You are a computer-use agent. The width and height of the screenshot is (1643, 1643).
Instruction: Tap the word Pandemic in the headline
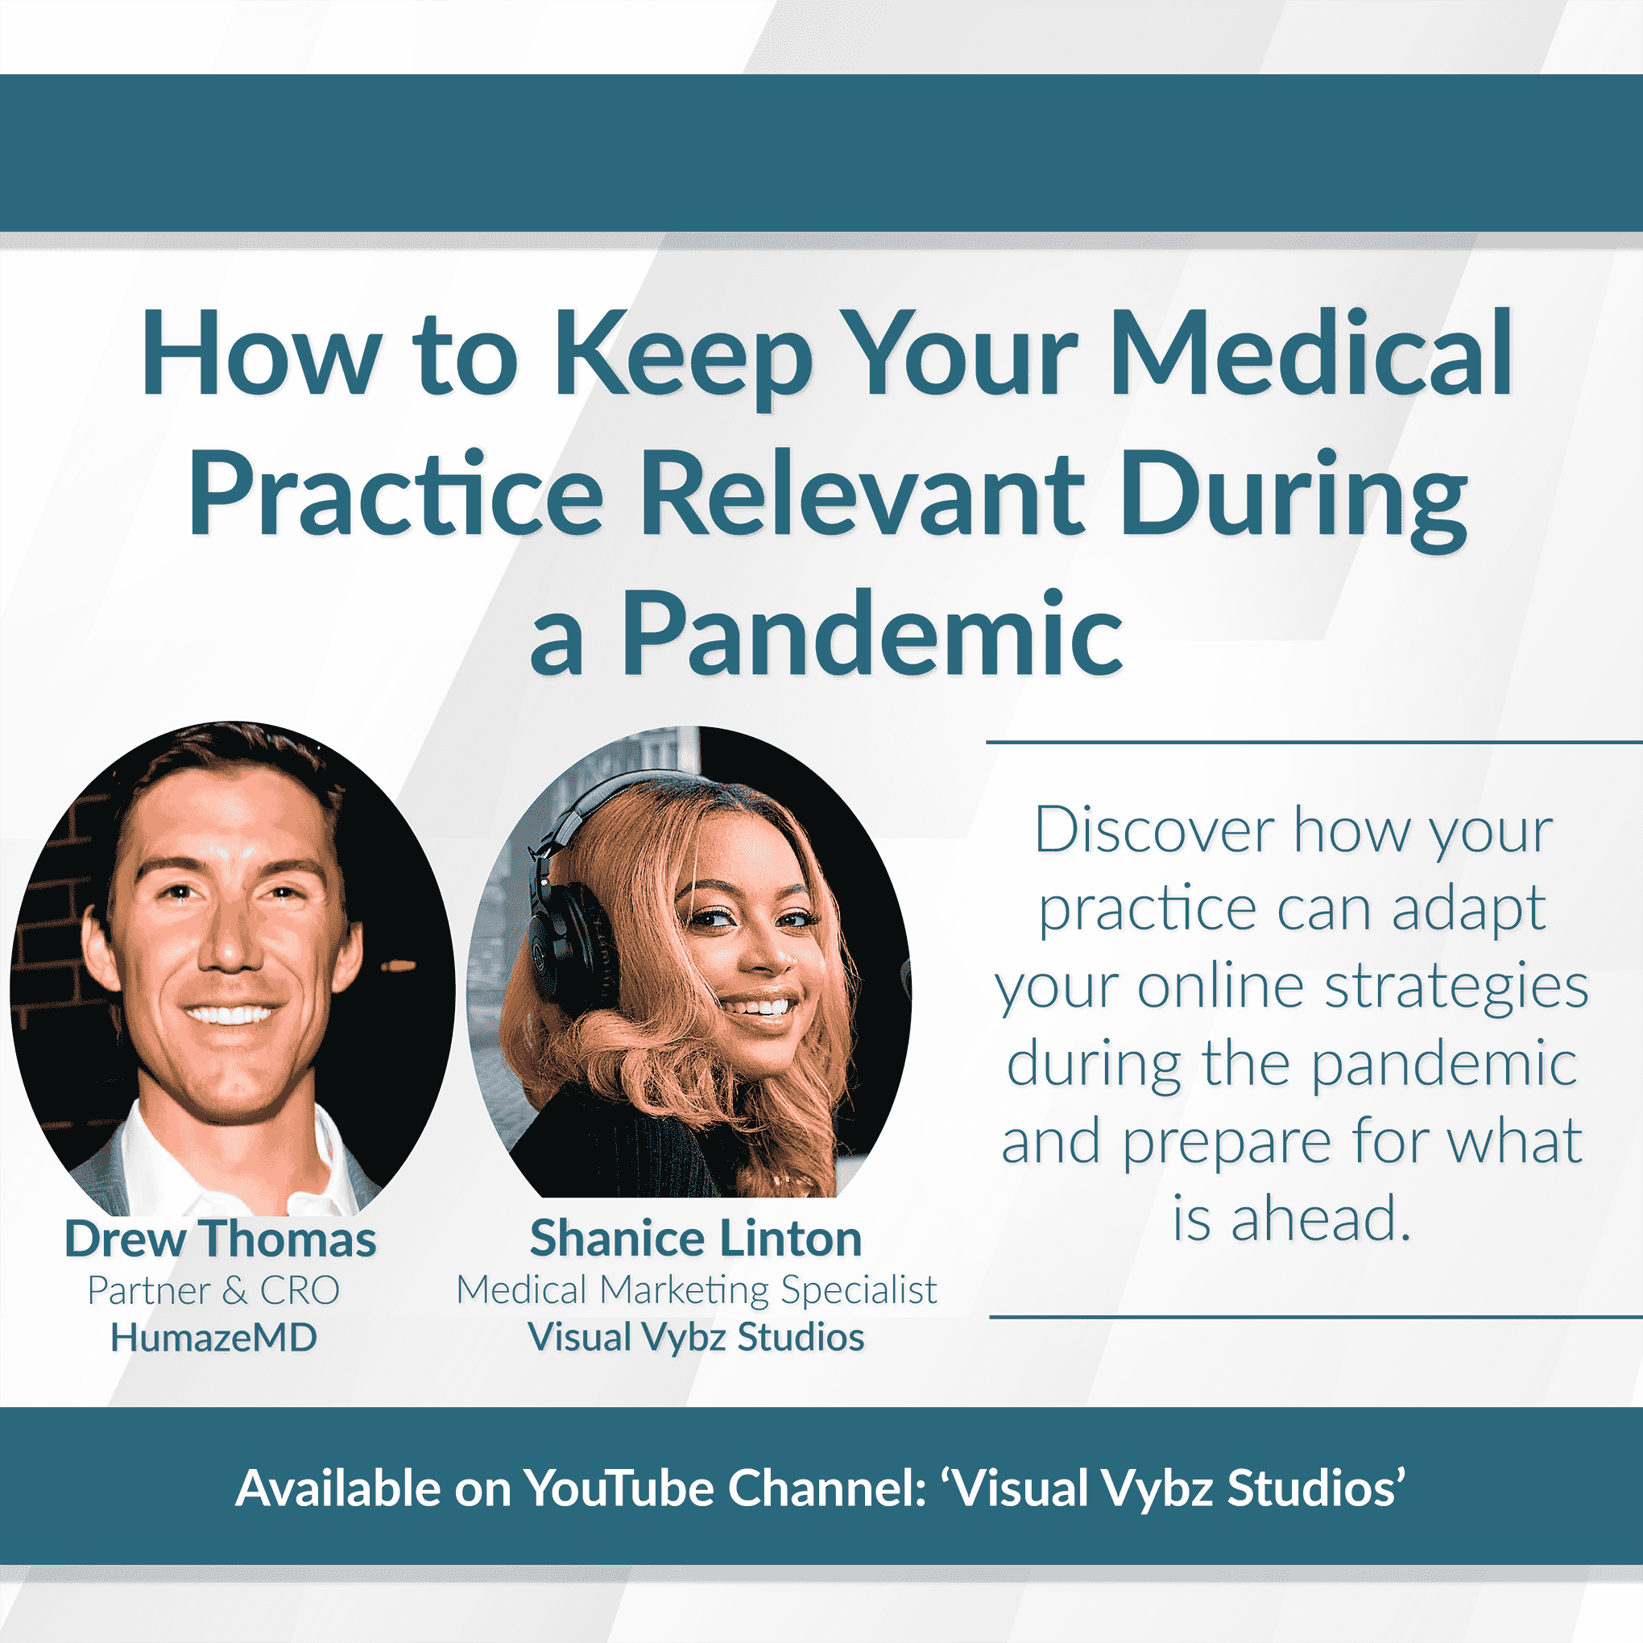[x=871, y=633]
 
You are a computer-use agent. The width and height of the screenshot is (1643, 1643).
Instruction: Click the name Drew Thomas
[x=220, y=1238]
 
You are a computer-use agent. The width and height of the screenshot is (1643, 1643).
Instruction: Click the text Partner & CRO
[x=213, y=1290]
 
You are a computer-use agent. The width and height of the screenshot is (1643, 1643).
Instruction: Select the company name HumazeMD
[x=213, y=1338]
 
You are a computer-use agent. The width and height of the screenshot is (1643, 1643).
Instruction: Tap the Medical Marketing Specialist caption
[x=697, y=1290]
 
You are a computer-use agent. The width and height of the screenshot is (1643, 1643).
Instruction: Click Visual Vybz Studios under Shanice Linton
[x=696, y=1338]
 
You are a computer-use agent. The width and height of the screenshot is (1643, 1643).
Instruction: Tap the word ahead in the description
[x=1320, y=1219]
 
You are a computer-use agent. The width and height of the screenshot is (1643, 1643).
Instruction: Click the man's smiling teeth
[x=230, y=1015]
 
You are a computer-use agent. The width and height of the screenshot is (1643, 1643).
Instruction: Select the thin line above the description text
[x=1314, y=743]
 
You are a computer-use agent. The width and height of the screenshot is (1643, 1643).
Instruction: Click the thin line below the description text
[x=1315, y=1318]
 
